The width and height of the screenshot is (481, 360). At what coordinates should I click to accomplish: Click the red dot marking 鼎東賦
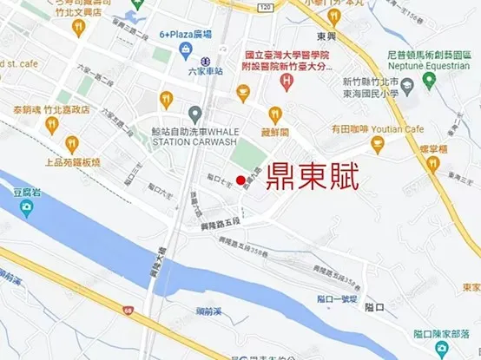coord(240,180)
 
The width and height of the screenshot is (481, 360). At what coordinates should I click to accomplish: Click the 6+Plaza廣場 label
coord(186,36)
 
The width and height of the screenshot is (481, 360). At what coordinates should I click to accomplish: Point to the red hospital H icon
coord(287,81)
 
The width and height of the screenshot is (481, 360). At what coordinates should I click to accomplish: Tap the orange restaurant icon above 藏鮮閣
coord(275,113)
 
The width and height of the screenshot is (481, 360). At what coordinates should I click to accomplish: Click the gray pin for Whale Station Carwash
coord(194,113)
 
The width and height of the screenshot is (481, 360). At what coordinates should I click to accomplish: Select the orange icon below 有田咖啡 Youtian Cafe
coord(377,144)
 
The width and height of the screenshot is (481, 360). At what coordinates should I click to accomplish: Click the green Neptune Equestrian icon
coord(427,82)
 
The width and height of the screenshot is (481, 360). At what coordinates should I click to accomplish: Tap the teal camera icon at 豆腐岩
coord(27,209)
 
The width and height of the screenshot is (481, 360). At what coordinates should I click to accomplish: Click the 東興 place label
coord(326,36)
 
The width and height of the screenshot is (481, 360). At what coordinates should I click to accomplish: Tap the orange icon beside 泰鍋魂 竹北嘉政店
coord(50,125)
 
